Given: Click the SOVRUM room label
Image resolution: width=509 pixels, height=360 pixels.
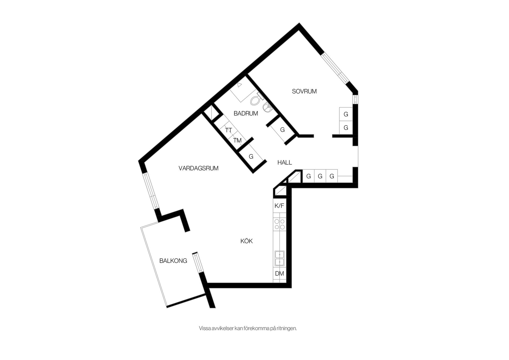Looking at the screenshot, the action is point(304,91).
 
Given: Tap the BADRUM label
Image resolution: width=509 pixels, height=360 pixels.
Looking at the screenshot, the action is point(246,114).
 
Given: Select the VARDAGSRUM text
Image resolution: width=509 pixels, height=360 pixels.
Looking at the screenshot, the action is point(198,168).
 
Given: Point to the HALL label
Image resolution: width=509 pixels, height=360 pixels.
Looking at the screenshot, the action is point(285,162).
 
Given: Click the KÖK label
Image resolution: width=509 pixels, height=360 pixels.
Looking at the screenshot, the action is point(247,241).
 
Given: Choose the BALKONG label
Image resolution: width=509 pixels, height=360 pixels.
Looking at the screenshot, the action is point(173,261).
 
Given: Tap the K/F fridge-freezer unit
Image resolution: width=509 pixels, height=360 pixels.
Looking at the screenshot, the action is point(279,206).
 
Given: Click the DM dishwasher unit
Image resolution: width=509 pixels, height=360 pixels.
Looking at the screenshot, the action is point(279,274).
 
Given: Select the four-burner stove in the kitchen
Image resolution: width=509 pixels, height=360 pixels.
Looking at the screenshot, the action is point(279,224).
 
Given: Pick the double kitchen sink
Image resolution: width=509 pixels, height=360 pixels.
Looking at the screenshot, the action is point(279,258).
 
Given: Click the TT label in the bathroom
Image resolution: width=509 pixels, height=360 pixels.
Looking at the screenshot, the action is point(229,130).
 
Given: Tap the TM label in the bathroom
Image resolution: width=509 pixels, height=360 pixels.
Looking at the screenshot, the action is point(237,140).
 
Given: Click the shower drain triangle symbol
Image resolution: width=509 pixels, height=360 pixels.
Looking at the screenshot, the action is point(240,85).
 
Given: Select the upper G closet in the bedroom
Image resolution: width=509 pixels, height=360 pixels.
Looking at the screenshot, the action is point(346,114).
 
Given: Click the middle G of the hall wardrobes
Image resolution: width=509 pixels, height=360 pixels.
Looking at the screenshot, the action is point(320,176).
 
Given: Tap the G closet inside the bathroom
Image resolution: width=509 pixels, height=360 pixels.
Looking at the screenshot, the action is point(282,130).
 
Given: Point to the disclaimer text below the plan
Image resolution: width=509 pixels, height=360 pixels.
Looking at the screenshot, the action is point(248,328).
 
